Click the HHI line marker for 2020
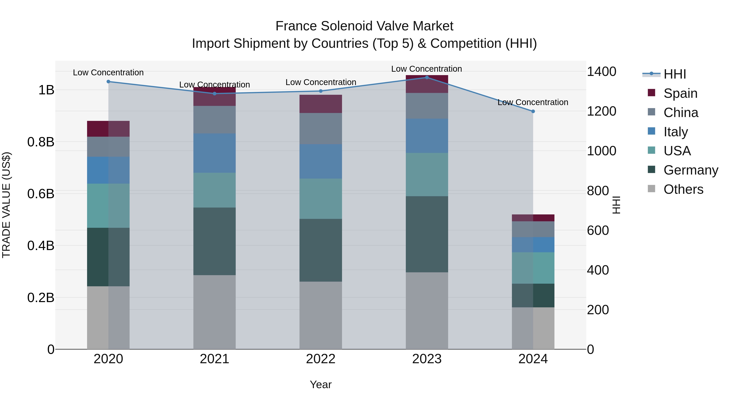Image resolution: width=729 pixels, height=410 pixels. (108, 81)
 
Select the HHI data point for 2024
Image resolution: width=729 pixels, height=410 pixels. (533, 111)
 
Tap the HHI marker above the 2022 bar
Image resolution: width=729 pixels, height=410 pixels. (321, 91)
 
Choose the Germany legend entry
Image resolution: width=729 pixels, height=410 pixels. (691, 170)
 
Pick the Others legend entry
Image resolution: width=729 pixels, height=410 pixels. (683, 189)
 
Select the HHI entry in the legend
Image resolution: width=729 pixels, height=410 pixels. (675, 74)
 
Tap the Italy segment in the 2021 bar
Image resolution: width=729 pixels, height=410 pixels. (214, 153)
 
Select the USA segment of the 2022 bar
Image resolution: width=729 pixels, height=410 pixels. (321, 198)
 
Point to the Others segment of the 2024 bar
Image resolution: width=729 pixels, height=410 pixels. (533, 328)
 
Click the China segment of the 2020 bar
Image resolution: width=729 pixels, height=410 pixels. (108, 147)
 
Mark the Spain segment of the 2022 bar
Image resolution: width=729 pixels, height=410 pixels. (321, 104)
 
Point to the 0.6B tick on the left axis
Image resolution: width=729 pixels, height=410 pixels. (41, 194)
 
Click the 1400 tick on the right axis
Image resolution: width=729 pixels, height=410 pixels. (601, 72)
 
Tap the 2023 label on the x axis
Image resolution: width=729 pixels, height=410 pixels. (427, 359)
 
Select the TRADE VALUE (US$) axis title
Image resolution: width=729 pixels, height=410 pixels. (6, 205)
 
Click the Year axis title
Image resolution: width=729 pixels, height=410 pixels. (321, 384)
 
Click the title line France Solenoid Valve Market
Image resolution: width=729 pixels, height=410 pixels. (364, 26)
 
